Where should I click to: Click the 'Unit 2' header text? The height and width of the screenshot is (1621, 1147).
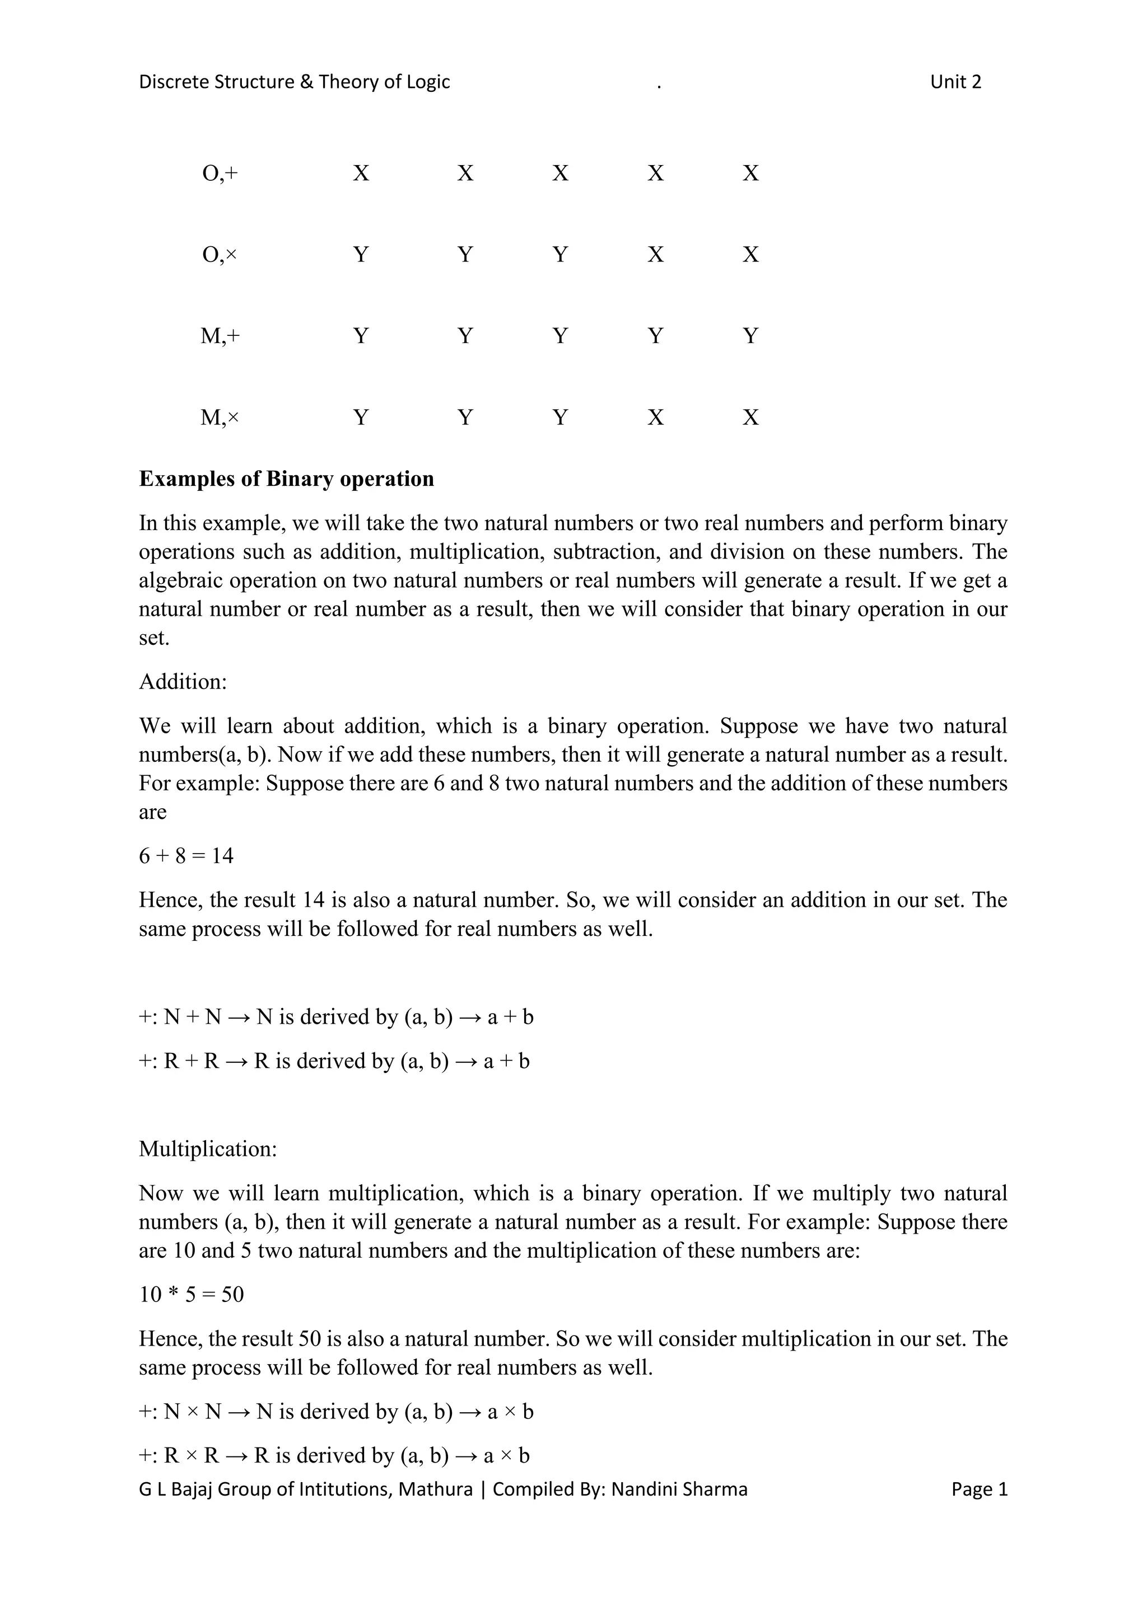point(955,82)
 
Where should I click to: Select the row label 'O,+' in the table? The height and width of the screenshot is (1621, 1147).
point(220,173)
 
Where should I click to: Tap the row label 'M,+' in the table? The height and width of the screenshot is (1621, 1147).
point(220,335)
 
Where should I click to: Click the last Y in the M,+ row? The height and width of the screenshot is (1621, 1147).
point(750,335)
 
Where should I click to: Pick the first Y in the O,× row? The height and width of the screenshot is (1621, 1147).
point(361,254)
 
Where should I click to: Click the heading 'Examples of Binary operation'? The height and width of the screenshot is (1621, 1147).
point(286,479)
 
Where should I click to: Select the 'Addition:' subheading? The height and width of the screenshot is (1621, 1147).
point(183,681)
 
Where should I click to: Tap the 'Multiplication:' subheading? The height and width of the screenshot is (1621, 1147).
point(208,1149)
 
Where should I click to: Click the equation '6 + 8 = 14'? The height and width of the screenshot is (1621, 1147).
point(186,856)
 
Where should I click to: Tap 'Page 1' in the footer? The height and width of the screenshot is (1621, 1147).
point(979,1489)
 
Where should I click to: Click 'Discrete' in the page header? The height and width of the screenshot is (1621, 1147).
point(174,82)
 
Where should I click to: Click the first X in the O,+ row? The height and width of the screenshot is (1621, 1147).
point(361,173)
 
